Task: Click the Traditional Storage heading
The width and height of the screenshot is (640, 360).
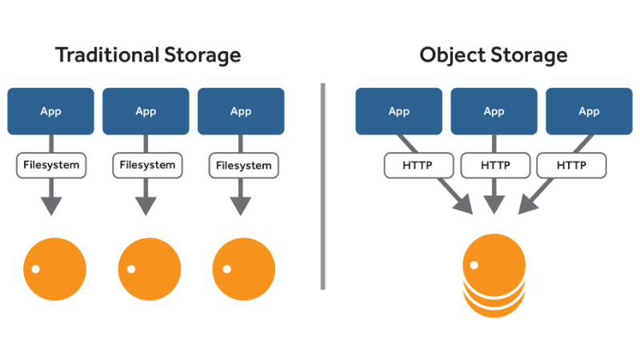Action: pos(147,54)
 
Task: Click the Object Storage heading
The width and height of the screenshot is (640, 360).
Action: pos(494,54)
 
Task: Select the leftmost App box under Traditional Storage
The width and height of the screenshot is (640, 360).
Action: pos(51,111)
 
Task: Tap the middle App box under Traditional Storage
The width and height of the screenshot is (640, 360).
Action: pos(146,111)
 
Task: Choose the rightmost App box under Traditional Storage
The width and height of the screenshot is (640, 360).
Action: pos(241,111)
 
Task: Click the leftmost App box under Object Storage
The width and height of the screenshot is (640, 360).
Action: pos(399,111)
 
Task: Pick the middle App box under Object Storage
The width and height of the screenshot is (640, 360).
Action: pos(494,111)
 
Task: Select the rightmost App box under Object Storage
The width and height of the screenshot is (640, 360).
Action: pos(589,111)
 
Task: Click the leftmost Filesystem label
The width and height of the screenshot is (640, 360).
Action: pos(51,166)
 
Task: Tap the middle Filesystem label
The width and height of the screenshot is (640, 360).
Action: pos(146,166)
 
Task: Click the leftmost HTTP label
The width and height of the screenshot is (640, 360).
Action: pos(419,166)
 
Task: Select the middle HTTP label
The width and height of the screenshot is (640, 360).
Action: pos(494,166)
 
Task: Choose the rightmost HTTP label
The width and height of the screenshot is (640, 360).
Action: pos(570,166)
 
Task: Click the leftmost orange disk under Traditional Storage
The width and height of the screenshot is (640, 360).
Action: pos(54,268)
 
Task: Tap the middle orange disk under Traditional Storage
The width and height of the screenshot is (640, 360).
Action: pos(149,268)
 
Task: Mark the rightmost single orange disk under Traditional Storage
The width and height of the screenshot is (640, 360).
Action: pos(244,268)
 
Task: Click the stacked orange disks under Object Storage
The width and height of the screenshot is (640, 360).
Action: pos(494,276)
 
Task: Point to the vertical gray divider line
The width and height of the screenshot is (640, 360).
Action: pos(323,185)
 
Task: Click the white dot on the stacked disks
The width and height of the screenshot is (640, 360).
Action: pos(474,265)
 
